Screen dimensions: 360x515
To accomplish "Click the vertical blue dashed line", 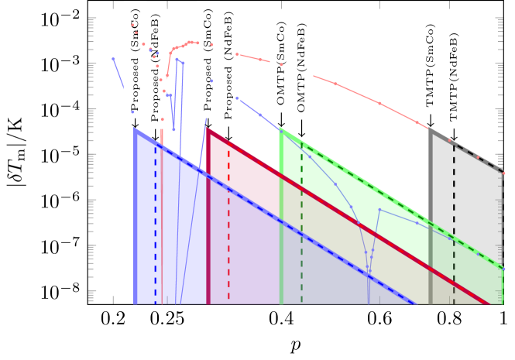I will (156, 225).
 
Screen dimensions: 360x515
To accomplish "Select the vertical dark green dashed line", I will (302, 225).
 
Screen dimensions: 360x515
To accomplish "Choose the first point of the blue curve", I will (113, 59).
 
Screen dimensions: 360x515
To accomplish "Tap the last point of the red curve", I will (503, 173).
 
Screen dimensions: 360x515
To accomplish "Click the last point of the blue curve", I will (503, 269).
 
